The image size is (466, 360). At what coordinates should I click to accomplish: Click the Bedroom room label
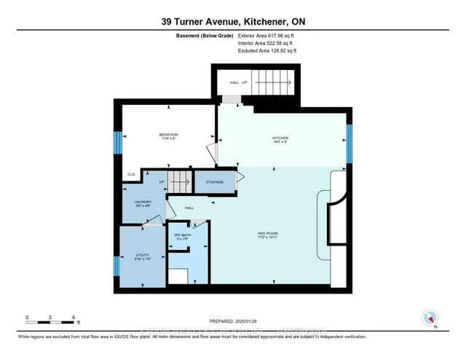click(x=169, y=136)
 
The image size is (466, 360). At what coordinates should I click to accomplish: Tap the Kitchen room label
click(x=281, y=138)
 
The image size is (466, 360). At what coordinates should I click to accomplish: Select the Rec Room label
click(x=269, y=235)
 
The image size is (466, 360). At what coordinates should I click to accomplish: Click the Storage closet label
click(x=214, y=181)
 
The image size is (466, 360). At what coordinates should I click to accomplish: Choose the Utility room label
click(x=142, y=257)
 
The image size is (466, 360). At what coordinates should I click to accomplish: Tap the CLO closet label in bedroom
click(x=132, y=174)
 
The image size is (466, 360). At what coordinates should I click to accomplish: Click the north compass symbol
click(x=431, y=318)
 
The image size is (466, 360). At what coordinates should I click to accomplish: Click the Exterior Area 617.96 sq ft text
click(x=269, y=35)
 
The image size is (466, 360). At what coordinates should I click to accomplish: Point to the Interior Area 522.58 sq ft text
click(x=268, y=44)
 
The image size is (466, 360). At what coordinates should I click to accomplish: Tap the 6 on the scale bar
click(x=74, y=317)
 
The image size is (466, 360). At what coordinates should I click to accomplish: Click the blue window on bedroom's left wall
click(x=116, y=141)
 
